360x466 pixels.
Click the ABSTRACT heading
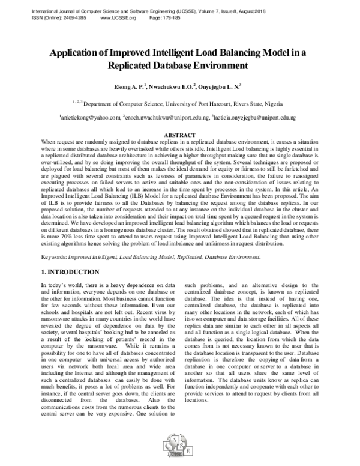179,135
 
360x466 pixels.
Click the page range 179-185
169,18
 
